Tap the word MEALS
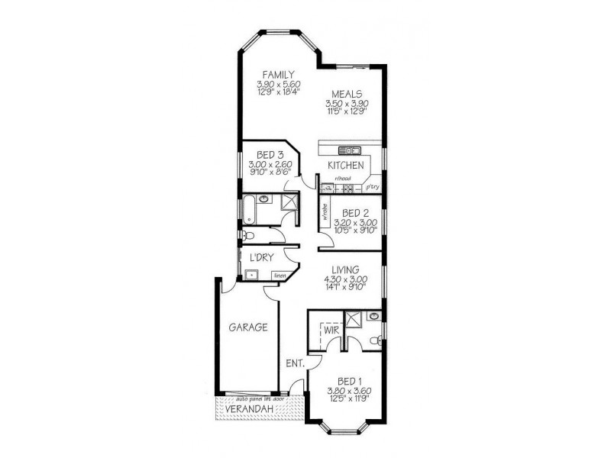click(346, 95)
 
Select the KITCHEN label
click(345, 166)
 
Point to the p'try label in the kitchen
click(372, 186)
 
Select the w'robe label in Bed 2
click(325, 211)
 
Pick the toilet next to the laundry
click(249, 236)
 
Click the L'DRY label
click(261, 257)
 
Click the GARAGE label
click(248, 327)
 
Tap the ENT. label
click(296, 364)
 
